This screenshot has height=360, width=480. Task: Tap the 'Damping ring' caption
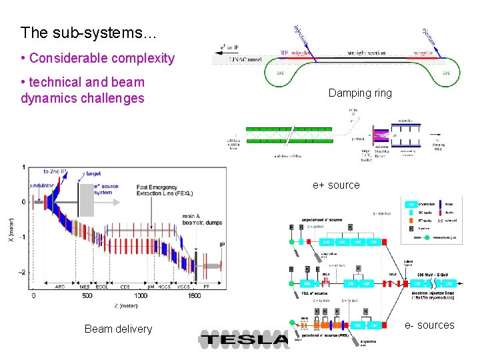pyautogui.click(x=360, y=93)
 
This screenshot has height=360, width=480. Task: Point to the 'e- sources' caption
pyautogui.click(x=429, y=325)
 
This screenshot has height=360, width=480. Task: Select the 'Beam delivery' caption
pyautogui.click(x=118, y=328)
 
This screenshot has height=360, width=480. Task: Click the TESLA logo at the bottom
pyautogui.click(x=244, y=339)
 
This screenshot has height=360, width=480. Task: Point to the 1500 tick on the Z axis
pyautogui.click(x=194, y=295)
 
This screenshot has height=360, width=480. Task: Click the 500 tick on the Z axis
pyautogui.click(x=87, y=295)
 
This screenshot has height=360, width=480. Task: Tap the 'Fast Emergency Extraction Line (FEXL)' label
pyautogui.click(x=165, y=189)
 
